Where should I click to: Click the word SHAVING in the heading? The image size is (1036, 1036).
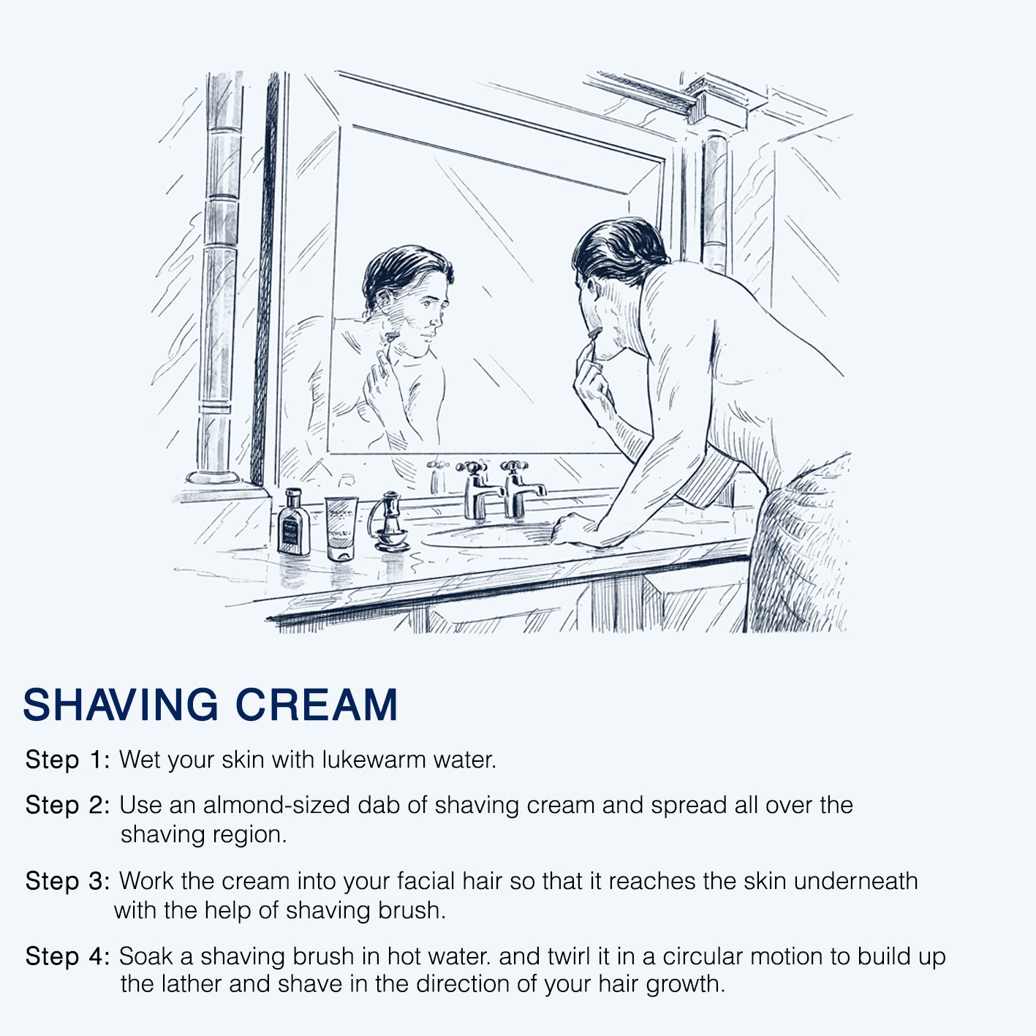coord(121,704)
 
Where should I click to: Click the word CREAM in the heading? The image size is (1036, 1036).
coord(317,704)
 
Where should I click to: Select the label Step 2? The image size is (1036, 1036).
coord(68,806)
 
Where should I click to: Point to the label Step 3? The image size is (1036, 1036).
coord(68,881)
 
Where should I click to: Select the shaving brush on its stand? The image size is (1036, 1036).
coord(388,521)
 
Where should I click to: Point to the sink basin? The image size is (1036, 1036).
coord(486,536)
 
